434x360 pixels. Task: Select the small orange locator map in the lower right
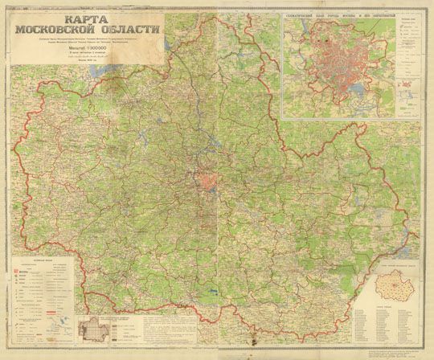[x=391, y=288]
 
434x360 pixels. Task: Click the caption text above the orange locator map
[x=391, y=264]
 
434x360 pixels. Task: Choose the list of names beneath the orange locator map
[x=391, y=325]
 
